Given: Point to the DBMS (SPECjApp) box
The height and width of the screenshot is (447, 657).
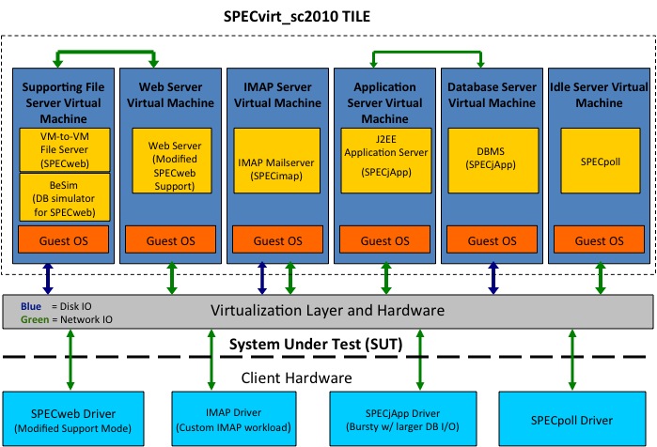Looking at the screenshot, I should (x=492, y=167).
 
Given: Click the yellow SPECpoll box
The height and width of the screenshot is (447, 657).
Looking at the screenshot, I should (x=598, y=167).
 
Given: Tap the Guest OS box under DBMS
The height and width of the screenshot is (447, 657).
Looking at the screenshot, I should (x=492, y=241).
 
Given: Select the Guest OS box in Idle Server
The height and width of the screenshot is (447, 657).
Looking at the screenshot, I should (x=598, y=241).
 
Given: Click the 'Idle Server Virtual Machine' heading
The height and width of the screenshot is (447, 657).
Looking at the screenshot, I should (x=598, y=94).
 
